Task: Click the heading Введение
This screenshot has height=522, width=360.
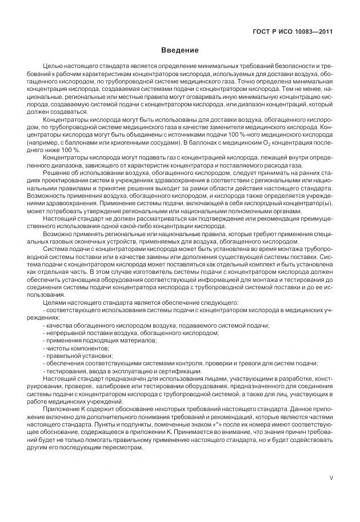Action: (x=179, y=50)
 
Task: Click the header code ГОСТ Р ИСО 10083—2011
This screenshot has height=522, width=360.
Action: (x=293, y=31)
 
